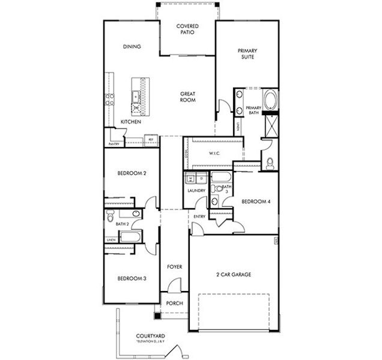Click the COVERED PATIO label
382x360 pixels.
(187, 30)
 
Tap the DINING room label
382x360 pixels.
(132, 47)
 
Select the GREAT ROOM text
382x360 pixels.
(188, 97)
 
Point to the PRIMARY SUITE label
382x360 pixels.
(247, 54)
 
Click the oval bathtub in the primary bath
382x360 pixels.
(270, 99)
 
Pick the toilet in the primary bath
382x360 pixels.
(270, 162)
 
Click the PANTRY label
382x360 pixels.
(114, 144)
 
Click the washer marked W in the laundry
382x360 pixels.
(190, 178)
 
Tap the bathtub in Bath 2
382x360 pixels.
(131, 238)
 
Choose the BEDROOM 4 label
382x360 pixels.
(256, 202)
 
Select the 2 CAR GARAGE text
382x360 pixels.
(234, 274)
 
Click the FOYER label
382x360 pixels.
(174, 266)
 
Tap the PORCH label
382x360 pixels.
(174, 303)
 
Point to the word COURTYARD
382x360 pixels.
(150, 337)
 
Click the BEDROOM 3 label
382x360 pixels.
(132, 278)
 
